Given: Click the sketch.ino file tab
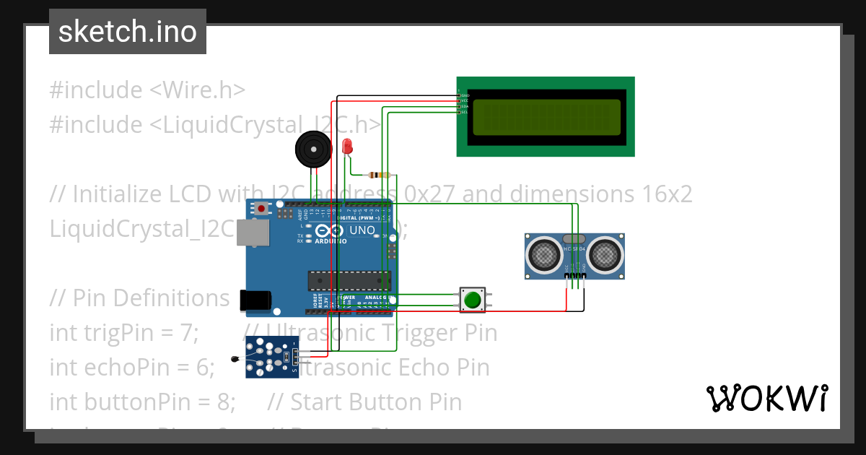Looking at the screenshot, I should point(127,32).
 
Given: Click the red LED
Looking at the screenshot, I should point(347,147).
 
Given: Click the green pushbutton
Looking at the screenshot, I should point(473,300).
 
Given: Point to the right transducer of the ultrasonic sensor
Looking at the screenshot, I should point(605,253).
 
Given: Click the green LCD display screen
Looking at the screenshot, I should point(546,118).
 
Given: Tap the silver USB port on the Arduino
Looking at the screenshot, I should point(253,235).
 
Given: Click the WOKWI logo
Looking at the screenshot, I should point(766,398).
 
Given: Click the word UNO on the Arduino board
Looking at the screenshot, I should point(362,230).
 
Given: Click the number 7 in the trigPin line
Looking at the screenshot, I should point(188,333).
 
